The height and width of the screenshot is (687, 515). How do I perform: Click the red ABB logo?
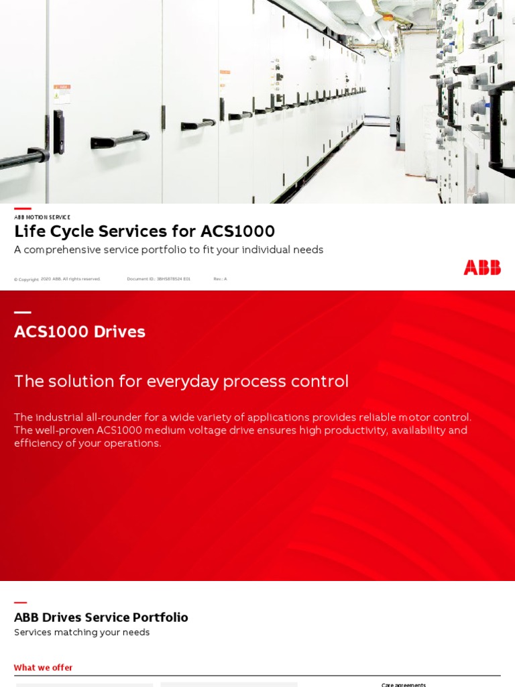[481, 268]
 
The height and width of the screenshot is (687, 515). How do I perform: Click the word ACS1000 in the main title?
[237, 231]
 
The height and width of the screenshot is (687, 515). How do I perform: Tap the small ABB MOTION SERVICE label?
[42, 217]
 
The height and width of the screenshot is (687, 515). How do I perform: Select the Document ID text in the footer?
[159, 279]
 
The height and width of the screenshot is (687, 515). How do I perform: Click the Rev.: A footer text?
[220, 279]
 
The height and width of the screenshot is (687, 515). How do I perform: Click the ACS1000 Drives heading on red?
[80, 331]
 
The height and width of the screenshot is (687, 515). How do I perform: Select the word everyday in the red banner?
[182, 381]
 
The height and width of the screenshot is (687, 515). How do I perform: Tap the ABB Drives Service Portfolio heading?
[101, 617]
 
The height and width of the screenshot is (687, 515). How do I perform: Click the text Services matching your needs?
[82, 633]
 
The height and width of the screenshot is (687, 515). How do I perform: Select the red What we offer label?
[43, 668]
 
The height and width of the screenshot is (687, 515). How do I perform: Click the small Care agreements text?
[404, 684]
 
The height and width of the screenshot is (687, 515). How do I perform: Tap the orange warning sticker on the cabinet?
[62, 94]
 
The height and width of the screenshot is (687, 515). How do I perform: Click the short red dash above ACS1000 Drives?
[22, 312]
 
